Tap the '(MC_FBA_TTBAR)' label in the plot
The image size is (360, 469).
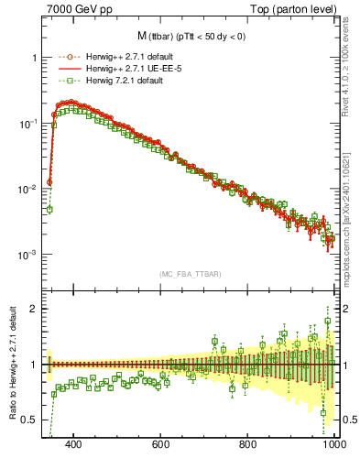point(191,274)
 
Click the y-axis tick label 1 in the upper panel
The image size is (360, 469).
point(33,57)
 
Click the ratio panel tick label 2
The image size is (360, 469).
point(33,309)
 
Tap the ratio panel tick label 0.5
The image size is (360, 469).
point(29,420)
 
